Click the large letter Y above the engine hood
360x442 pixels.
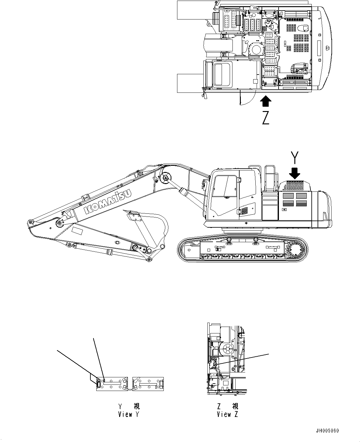(x=295, y=157)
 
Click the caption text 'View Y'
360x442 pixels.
(x=128, y=414)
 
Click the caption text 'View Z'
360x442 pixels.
(x=228, y=414)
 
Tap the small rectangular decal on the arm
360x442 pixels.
(x=77, y=231)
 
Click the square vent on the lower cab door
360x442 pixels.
(x=244, y=211)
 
